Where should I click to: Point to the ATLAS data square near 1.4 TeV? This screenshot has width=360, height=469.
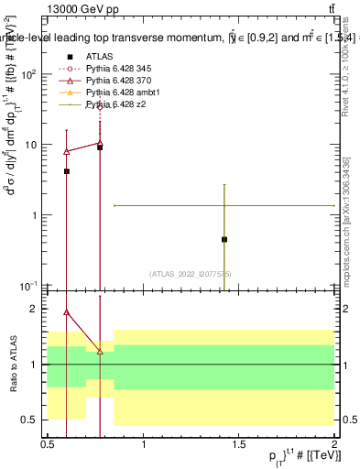pyautogui.click(x=224, y=239)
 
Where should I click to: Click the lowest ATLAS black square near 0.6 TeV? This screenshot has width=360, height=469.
pyautogui.click(x=67, y=171)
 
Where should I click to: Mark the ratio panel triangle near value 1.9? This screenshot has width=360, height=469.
pyautogui.click(x=67, y=311)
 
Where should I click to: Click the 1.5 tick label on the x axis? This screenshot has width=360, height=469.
pyautogui.click(x=239, y=443)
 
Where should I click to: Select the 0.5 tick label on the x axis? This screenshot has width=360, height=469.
pyautogui.click(x=48, y=443)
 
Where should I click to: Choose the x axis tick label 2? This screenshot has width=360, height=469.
pyautogui.click(x=334, y=443)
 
